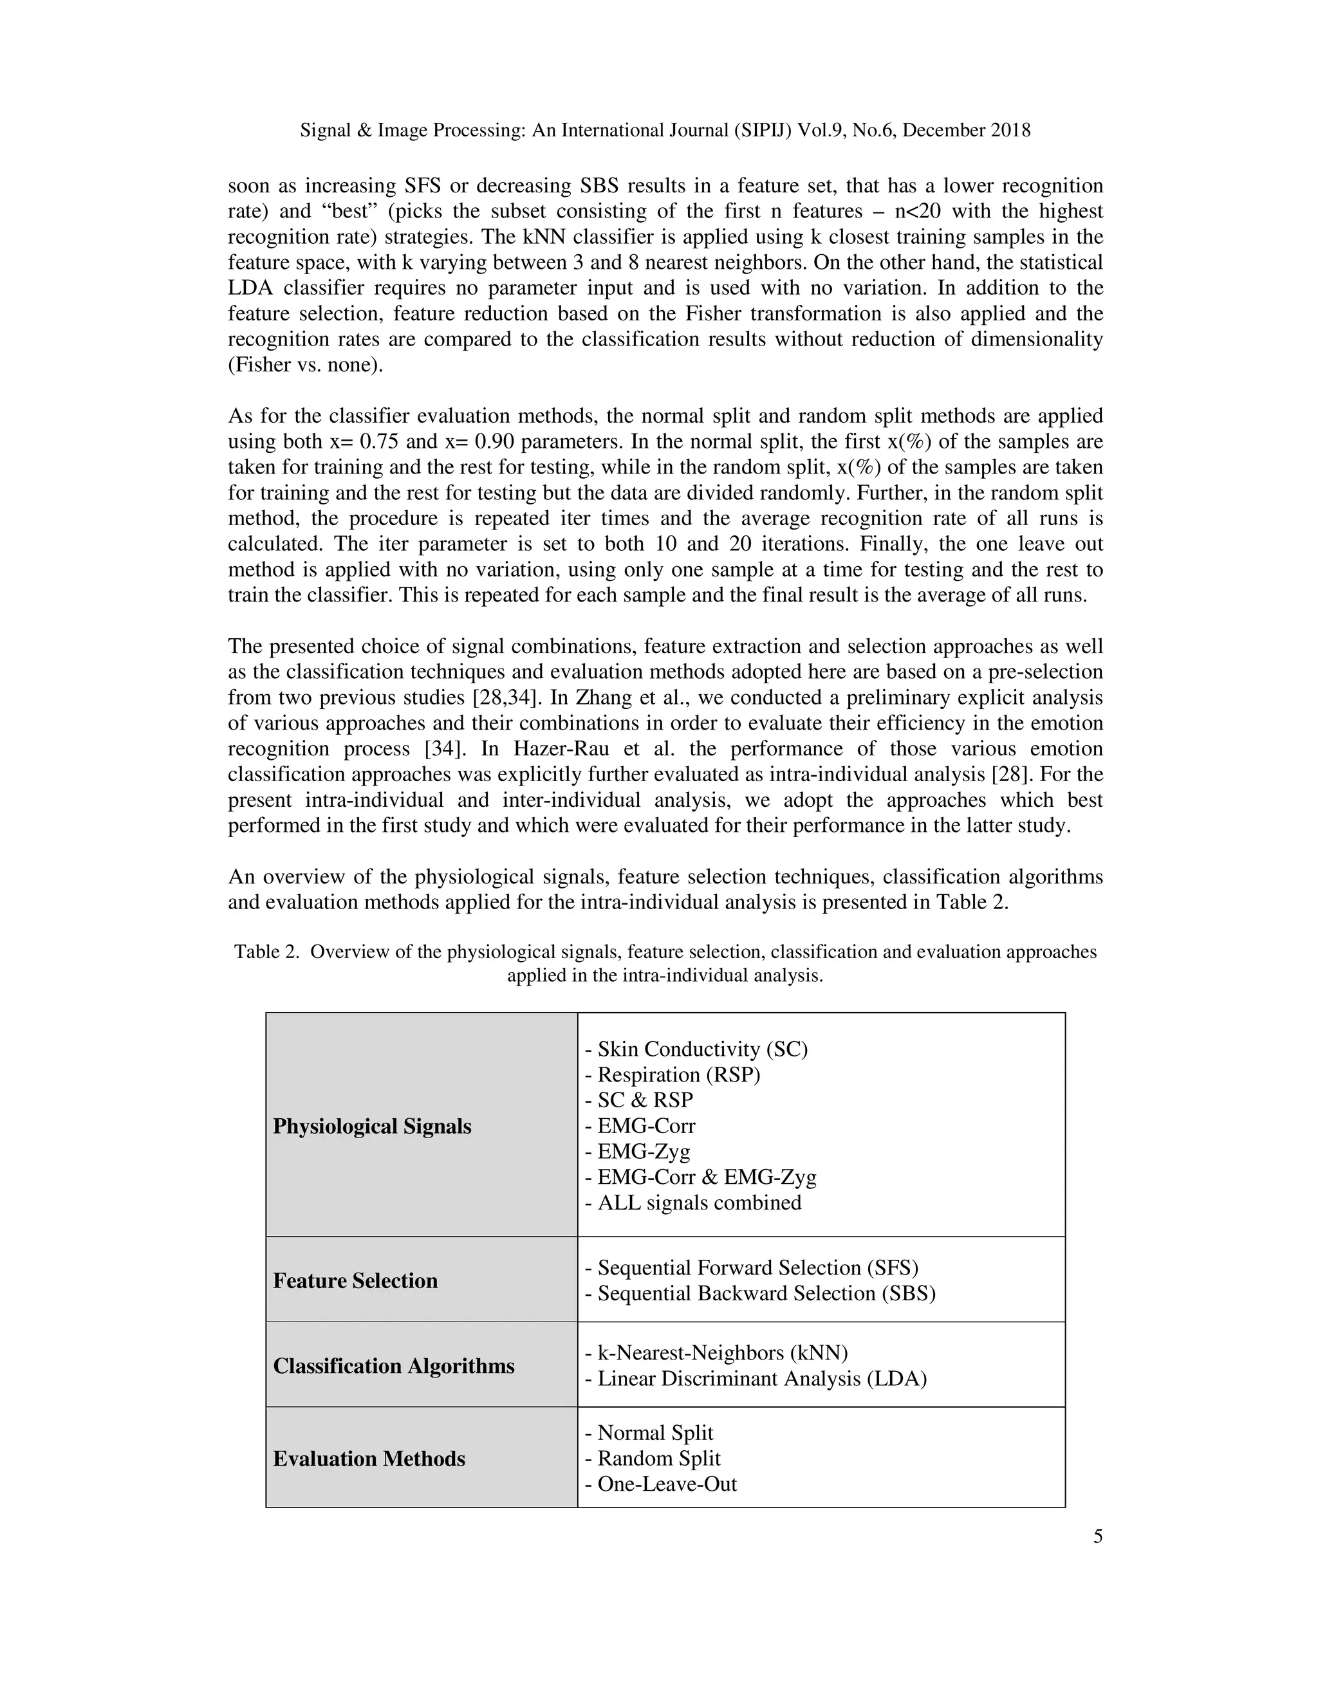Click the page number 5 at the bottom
click(x=1098, y=1536)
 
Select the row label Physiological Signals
click(x=372, y=1127)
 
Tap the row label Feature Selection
click(x=355, y=1280)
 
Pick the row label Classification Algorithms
click(x=393, y=1365)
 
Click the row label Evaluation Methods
click(x=369, y=1459)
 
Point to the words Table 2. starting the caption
click(x=266, y=952)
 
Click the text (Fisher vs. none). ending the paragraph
click(x=305, y=365)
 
